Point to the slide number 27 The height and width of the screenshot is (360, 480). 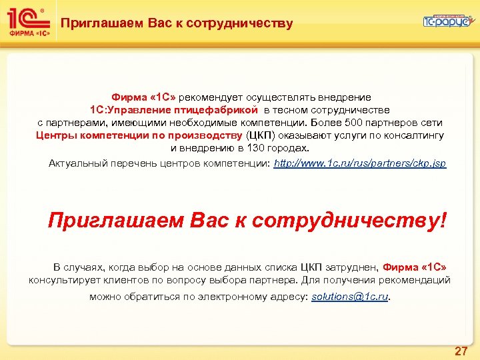461,351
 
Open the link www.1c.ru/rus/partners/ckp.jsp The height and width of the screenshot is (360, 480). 360,163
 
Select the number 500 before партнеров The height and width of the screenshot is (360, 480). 359,123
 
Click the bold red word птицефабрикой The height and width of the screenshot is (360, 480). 217,110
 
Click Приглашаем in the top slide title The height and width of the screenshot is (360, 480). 97,24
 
